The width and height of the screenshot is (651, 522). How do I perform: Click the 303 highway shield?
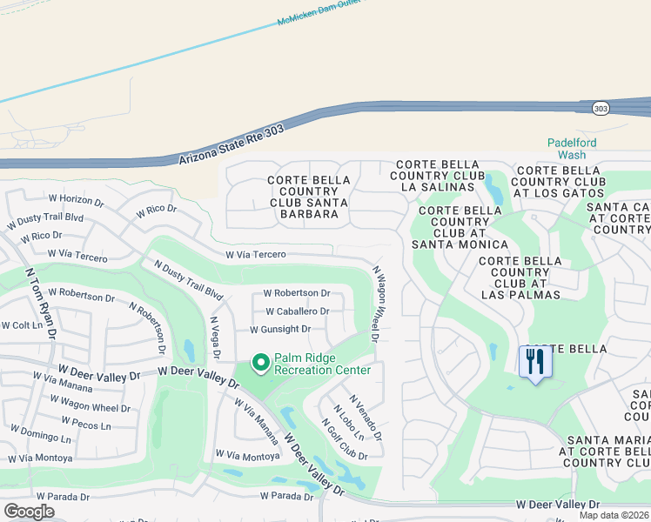point(601,108)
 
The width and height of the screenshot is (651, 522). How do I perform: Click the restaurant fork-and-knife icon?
point(535,361)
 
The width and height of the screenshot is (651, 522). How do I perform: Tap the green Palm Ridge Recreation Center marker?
point(259,362)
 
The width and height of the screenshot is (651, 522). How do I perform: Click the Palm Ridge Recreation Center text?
point(322,364)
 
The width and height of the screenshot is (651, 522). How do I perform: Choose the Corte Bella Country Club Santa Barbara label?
point(309,197)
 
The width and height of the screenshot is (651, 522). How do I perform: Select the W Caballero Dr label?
point(297,311)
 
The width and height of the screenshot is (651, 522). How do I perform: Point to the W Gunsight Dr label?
point(280,330)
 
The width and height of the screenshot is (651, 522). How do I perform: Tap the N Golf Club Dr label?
point(344,439)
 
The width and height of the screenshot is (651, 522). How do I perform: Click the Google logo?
point(29,511)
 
